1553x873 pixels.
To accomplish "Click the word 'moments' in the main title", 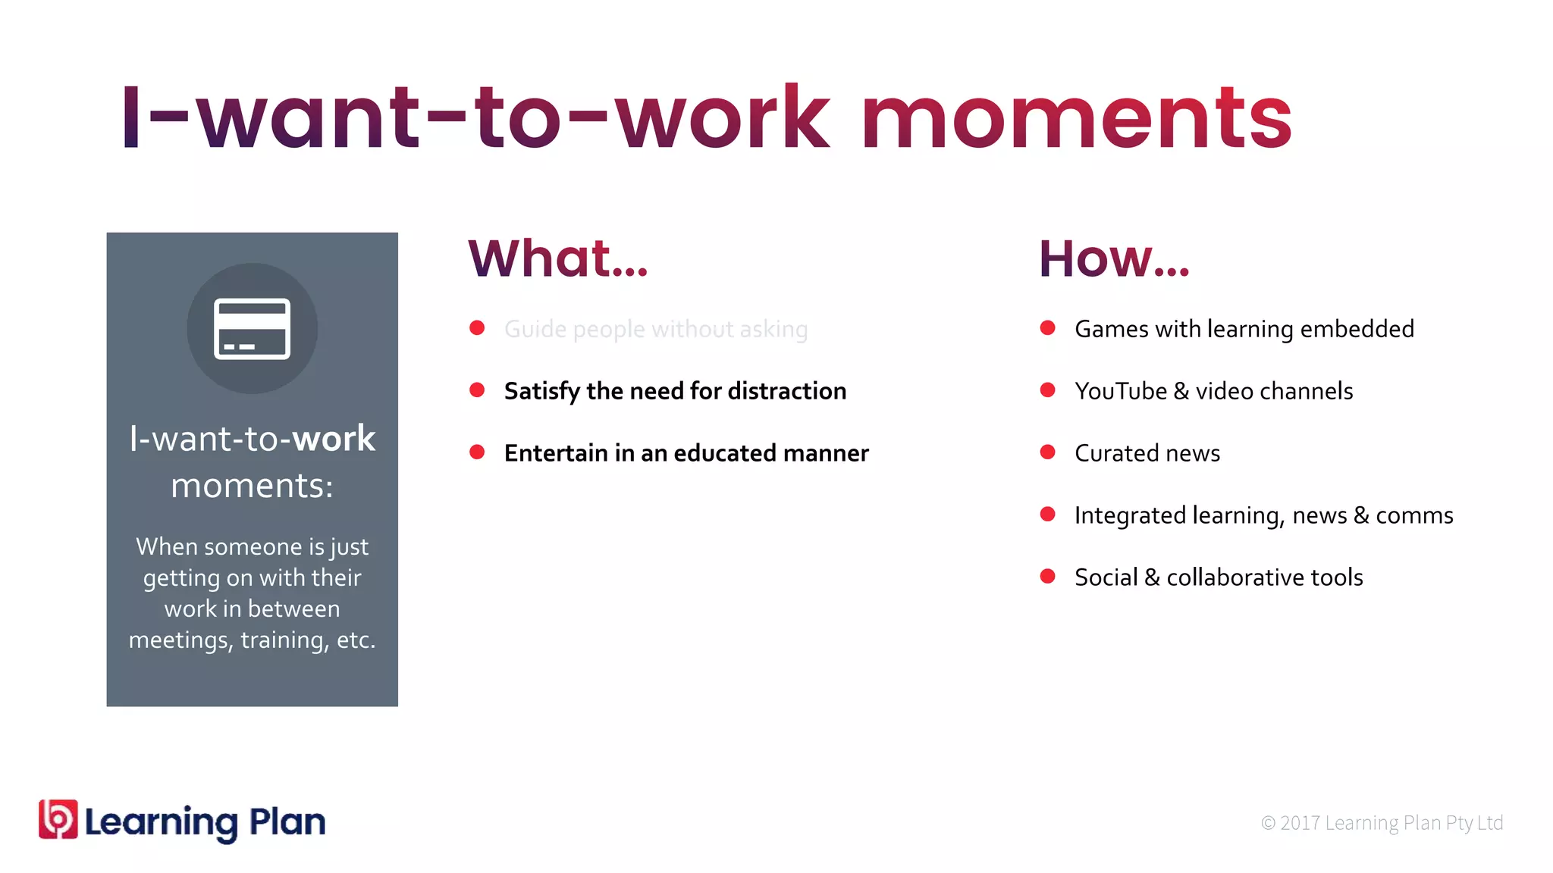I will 1076,119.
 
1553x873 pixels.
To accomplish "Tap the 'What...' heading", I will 558,258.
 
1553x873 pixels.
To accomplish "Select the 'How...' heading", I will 1114,258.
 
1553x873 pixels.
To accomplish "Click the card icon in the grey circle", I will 252,328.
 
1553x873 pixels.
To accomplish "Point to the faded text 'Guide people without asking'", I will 656,329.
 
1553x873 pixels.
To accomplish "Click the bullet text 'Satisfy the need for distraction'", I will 675,391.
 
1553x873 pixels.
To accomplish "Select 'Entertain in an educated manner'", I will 686,453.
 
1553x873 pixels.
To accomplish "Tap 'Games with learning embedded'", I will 1244,329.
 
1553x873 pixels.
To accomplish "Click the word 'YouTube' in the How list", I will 1121,391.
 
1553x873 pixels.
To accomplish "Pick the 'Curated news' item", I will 1147,453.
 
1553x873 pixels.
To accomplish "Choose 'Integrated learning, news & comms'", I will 1263,515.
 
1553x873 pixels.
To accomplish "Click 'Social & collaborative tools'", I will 1219,577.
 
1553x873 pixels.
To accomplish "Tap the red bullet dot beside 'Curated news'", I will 1048,452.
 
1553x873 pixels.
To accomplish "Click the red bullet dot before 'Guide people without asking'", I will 477,328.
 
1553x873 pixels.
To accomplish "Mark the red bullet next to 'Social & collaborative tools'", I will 1048,577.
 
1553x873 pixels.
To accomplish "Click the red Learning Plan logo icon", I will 58,819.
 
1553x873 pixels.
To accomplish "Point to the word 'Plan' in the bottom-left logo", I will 287,822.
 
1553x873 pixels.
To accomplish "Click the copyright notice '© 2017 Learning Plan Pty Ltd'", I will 1382,823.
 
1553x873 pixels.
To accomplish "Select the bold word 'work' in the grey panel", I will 334,439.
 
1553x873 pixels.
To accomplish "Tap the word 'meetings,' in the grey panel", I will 180,640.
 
